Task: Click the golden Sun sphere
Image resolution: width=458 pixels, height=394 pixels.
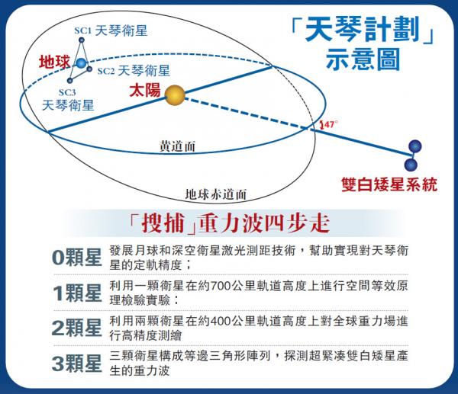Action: pyautogui.click(x=175, y=95)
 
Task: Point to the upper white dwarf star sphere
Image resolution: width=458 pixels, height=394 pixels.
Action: pyautogui.click(x=415, y=146)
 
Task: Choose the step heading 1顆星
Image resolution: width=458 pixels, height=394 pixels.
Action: pyautogui.click(x=76, y=293)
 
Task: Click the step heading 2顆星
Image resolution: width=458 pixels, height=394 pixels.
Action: pyautogui.click(x=76, y=328)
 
